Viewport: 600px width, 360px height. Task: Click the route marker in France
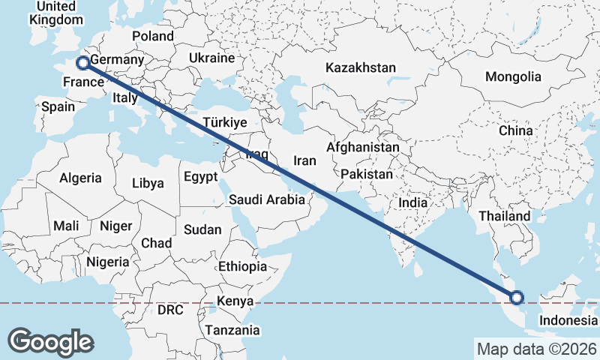[x=82, y=62]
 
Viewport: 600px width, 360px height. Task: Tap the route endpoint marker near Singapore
[x=517, y=298]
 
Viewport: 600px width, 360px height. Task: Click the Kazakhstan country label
[x=360, y=68]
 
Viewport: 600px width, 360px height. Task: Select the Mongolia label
[x=513, y=76]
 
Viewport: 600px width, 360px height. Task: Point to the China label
[x=515, y=130]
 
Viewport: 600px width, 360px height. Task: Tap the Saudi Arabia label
[x=267, y=199]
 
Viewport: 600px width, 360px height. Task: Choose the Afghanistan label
[x=362, y=148]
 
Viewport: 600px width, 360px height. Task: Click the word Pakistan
[x=367, y=174]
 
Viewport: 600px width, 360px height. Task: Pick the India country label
[x=412, y=202]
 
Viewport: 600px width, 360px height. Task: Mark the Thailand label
[x=505, y=216]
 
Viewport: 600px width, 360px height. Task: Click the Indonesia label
[x=568, y=320]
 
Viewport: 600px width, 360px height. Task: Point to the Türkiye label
[x=225, y=122]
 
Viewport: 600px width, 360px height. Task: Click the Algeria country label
[x=80, y=178]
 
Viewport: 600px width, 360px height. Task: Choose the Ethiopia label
[x=242, y=266]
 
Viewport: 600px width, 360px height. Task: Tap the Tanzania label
[x=232, y=330]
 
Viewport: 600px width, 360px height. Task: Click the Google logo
[x=51, y=341]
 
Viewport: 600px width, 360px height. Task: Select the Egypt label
[x=200, y=177]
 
